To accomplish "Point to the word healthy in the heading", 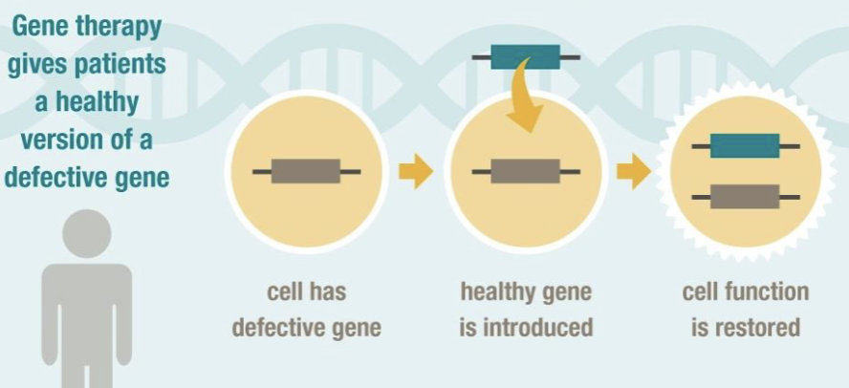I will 100,102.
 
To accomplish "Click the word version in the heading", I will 62,140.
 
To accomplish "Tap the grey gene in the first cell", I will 306,171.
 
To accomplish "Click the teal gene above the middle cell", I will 526,57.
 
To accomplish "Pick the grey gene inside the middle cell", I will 526,171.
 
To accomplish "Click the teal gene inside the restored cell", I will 746,146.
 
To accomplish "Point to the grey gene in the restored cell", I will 746,196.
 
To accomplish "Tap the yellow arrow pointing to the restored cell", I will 633,172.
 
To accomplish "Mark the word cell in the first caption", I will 286,291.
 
